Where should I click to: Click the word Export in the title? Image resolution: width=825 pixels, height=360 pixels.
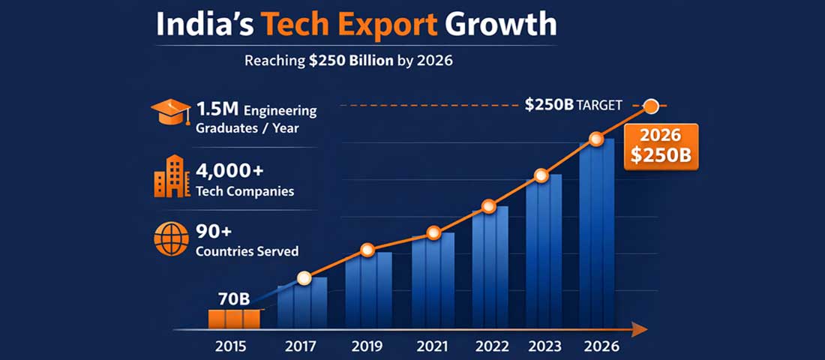point(382,25)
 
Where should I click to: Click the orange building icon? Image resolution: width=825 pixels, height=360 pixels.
point(171,177)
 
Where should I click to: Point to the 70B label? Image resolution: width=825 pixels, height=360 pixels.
point(233,298)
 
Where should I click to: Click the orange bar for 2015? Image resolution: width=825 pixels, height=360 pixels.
point(235,319)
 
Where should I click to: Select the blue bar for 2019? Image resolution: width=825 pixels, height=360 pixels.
point(368,289)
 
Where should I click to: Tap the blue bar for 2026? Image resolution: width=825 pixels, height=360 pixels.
point(597,232)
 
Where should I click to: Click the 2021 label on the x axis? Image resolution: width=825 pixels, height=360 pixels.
point(431,346)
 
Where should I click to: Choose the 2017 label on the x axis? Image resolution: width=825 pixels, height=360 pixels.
point(301,346)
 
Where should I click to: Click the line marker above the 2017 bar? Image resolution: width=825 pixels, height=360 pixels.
point(304,278)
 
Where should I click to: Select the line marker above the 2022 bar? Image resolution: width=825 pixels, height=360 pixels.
point(489,206)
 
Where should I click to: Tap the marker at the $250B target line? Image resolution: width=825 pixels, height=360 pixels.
point(651,106)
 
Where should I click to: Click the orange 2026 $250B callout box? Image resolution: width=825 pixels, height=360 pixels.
point(660,148)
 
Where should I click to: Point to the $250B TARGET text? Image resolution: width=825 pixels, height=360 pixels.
point(573,105)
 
